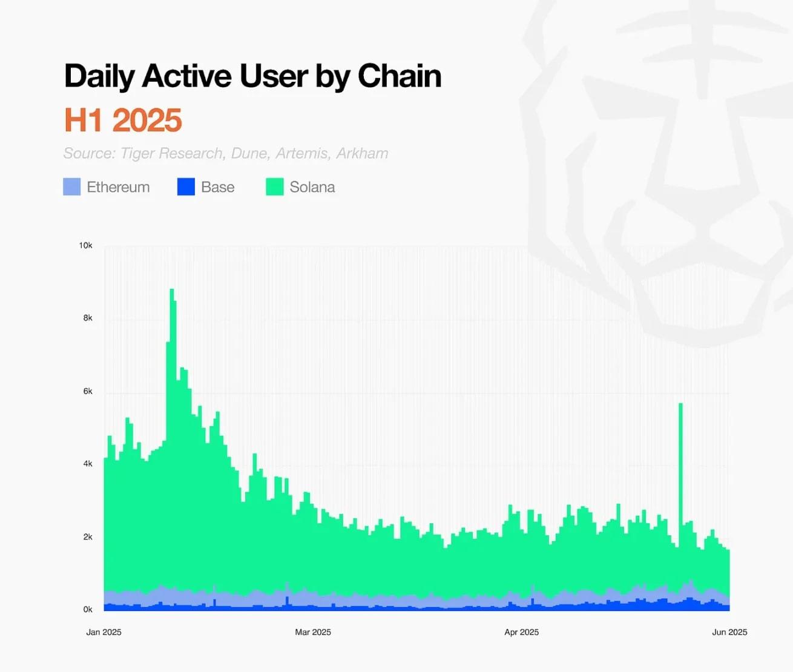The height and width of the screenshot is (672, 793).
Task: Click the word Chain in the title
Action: (x=400, y=76)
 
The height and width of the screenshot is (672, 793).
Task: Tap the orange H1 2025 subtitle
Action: (x=123, y=120)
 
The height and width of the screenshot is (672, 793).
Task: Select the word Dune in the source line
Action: (x=249, y=153)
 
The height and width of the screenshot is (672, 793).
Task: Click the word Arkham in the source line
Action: (x=362, y=153)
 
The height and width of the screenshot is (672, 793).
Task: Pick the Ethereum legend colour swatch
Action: (x=71, y=186)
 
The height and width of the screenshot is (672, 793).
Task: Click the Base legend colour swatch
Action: (x=186, y=186)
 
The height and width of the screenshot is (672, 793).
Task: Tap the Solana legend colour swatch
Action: (x=275, y=186)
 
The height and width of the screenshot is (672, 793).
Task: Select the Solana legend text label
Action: (x=312, y=187)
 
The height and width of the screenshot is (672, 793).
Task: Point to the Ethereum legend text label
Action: (x=118, y=187)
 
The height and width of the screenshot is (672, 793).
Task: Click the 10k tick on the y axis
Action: (x=85, y=245)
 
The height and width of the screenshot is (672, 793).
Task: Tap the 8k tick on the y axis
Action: (x=88, y=318)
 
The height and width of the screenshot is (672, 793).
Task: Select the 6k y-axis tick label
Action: (x=88, y=391)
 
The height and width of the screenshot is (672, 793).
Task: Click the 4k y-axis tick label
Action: (x=88, y=464)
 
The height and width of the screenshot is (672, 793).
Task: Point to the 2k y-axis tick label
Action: (x=88, y=537)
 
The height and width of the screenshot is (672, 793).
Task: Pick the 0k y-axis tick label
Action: (x=88, y=610)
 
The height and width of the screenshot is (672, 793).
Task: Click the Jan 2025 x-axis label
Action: (x=104, y=632)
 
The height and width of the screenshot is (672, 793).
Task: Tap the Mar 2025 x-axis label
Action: (x=313, y=632)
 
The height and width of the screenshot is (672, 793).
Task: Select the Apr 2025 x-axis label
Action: (x=521, y=632)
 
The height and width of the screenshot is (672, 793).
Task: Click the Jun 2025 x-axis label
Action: (x=729, y=632)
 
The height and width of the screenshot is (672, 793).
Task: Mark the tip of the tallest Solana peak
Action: (x=172, y=290)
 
